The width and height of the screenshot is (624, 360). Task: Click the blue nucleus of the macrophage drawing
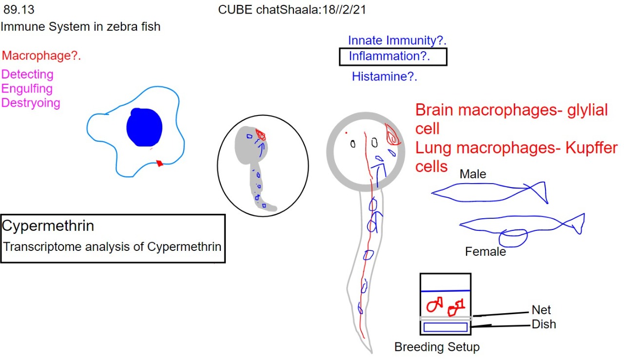tap(144, 127)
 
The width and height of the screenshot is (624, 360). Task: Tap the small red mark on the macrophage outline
tap(159, 163)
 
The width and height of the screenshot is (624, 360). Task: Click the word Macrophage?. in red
tap(41, 56)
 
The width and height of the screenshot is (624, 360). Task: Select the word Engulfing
tap(27, 89)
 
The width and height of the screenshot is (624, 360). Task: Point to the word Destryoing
tap(31, 103)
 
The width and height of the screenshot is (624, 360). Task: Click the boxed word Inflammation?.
tap(390, 56)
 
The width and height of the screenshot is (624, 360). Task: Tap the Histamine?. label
tap(385, 76)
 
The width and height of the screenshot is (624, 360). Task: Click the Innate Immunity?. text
tap(397, 40)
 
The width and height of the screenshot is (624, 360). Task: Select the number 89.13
tap(19, 10)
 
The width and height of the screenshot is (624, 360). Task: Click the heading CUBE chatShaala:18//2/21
tap(292, 10)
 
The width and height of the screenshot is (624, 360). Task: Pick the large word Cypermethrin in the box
tap(48, 226)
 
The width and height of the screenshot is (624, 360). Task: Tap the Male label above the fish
tap(473, 174)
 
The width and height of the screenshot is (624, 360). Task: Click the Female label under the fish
tap(486, 252)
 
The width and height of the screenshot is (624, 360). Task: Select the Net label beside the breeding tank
tap(541, 310)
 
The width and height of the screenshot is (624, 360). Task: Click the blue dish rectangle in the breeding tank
tap(446, 327)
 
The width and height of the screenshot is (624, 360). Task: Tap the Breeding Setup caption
tap(437, 347)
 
